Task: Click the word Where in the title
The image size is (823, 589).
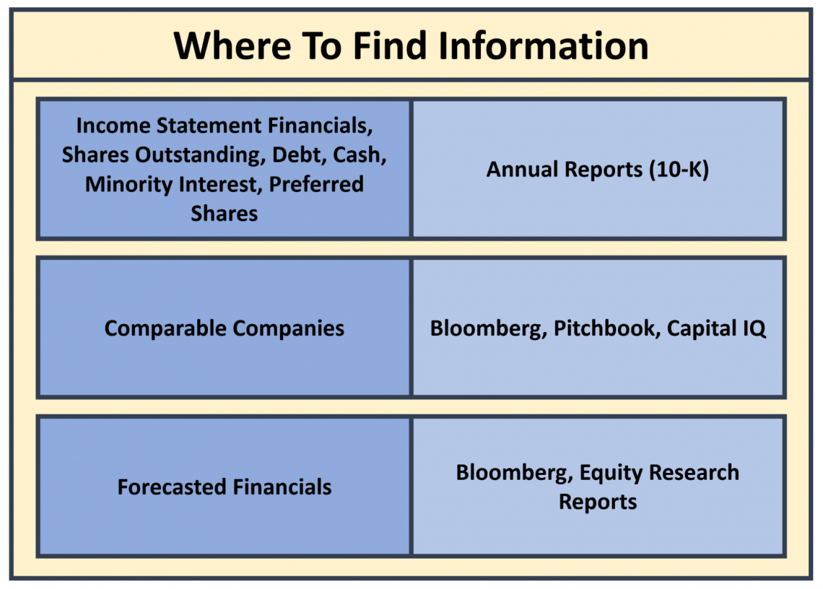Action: point(232,45)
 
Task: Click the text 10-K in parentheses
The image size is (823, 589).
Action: point(679,169)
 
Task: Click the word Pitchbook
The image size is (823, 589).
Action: point(605,328)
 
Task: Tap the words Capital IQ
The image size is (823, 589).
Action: point(716,328)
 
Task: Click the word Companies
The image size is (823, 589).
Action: point(289,328)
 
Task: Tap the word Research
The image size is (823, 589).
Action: point(694,473)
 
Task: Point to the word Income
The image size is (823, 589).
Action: point(113,126)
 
